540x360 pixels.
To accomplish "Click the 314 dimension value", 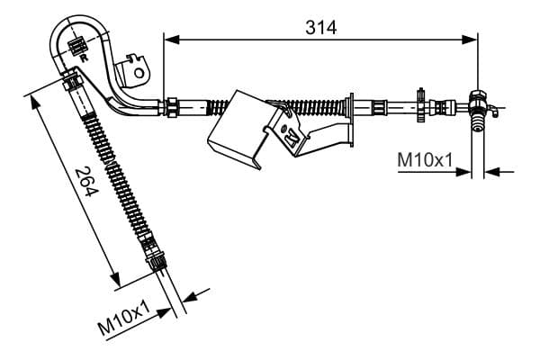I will [319, 27].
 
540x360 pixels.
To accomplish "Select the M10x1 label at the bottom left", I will [124, 320].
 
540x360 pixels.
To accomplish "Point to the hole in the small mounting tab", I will [138, 64].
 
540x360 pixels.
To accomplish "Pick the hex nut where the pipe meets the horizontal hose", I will [169, 107].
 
